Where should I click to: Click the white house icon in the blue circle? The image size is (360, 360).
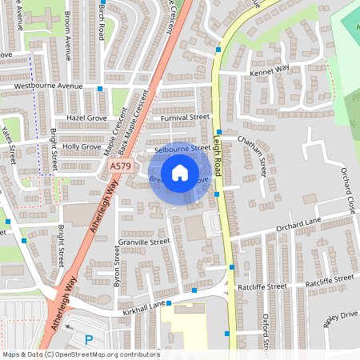(x=180, y=172)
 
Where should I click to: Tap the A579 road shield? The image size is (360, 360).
(x=120, y=166)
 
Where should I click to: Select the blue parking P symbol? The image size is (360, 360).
(x=89, y=339)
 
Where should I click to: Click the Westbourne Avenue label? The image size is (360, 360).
(x=54, y=86)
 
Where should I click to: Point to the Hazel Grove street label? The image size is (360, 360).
(x=86, y=118)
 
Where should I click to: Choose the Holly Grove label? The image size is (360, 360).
(x=82, y=147)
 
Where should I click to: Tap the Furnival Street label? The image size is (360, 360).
(x=184, y=118)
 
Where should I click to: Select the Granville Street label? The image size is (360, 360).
(x=144, y=241)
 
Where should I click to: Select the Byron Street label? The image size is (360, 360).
(x=117, y=267)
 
